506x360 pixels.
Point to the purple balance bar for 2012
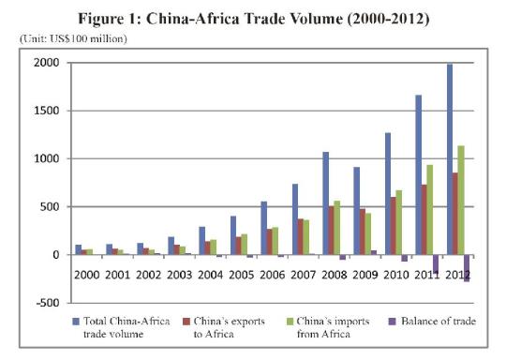(466, 267)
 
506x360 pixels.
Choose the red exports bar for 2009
(363, 232)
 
